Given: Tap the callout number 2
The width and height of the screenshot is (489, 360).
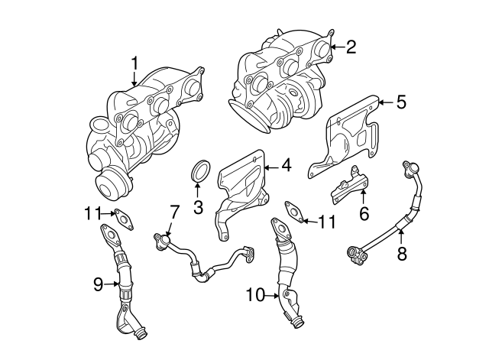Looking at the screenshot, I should click(351, 47).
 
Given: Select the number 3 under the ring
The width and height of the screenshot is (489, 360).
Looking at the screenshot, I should click(197, 206).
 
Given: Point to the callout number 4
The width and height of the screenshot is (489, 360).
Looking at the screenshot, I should click(286, 164).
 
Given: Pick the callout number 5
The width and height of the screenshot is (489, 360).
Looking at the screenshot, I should click(401, 102).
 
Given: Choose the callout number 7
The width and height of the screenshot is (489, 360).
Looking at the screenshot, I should click(173, 210).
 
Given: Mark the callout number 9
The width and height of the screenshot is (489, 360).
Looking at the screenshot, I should click(98, 285).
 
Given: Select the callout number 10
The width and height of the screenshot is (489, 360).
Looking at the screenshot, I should click(255, 294).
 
